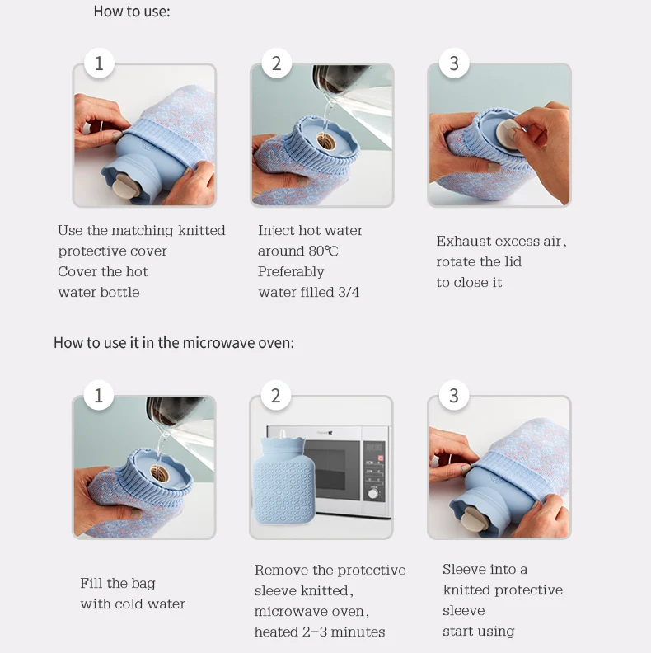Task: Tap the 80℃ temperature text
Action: click(323, 251)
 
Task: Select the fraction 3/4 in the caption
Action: click(349, 293)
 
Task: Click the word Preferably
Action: click(291, 272)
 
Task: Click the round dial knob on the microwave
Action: click(373, 494)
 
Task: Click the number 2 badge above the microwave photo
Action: click(275, 395)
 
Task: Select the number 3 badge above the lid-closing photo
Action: click(454, 63)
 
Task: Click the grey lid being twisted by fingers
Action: click(509, 133)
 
